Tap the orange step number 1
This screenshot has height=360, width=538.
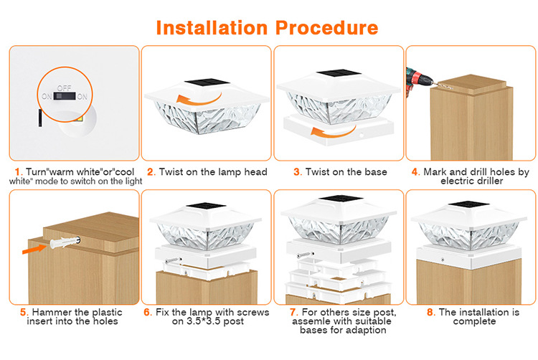tap(17, 172)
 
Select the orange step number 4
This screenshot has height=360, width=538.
tap(415, 172)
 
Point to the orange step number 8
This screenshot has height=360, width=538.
tap(429, 312)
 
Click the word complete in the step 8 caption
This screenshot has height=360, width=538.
tap(474, 321)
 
